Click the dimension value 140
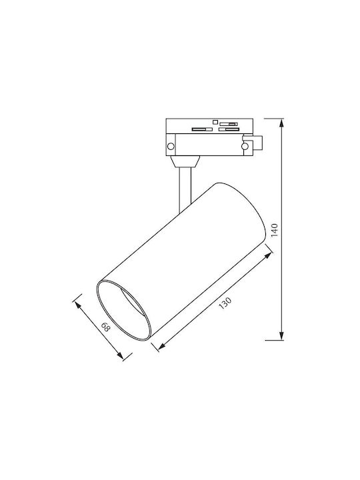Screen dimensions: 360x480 coord(274,230)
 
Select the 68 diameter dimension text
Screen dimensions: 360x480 coord(105,328)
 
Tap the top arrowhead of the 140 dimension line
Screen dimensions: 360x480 coord(281,123)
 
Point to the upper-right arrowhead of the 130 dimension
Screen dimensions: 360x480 coord(268,255)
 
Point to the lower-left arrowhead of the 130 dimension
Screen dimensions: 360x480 coord(162,345)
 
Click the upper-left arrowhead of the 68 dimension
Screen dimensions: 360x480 coord(77,305)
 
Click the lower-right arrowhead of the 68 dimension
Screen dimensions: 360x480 coord(120,355)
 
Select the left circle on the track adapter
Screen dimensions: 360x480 coord(171,146)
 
